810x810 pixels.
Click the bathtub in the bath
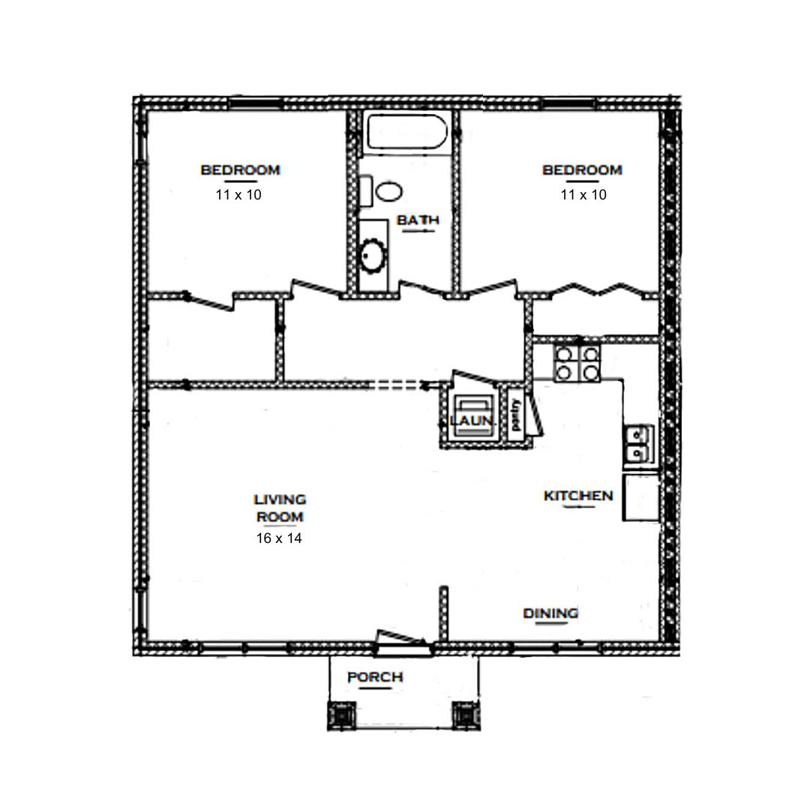click(406, 133)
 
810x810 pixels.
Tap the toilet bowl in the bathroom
click(389, 192)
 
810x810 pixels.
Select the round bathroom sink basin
click(373, 255)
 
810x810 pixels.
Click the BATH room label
click(418, 220)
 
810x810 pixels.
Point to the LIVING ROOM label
click(280, 508)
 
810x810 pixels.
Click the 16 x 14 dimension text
click(279, 538)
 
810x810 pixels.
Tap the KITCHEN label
click(578, 496)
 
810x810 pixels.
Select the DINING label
click(550, 613)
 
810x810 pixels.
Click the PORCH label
click(375, 676)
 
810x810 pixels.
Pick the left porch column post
click(341, 715)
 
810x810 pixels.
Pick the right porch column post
click(466, 715)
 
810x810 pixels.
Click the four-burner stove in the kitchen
click(577, 364)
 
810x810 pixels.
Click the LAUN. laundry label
click(472, 421)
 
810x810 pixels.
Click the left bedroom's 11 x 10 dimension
click(238, 195)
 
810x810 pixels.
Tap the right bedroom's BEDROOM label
click(582, 170)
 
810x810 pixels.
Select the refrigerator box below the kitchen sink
click(641, 497)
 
